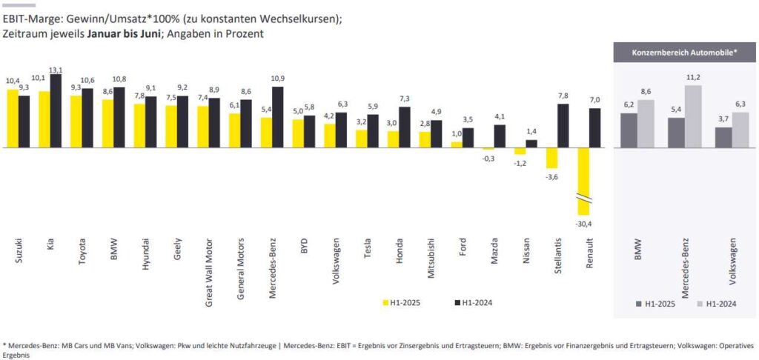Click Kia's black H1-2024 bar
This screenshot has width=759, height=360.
pyautogui.click(x=55, y=111)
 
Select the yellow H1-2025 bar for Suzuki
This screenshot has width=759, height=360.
pyautogui.click(x=13, y=119)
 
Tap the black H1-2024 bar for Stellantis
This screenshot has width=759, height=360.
pyautogui.click(x=563, y=125)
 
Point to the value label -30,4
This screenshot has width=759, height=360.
pyautogui.click(x=583, y=223)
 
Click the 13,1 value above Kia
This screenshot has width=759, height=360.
pyautogui.click(x=56, y=70)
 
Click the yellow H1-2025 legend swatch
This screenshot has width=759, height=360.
pyautogui.click(x=386, y=302)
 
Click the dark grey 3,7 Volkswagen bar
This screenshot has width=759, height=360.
pyautogui.click(x=723, y=137)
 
